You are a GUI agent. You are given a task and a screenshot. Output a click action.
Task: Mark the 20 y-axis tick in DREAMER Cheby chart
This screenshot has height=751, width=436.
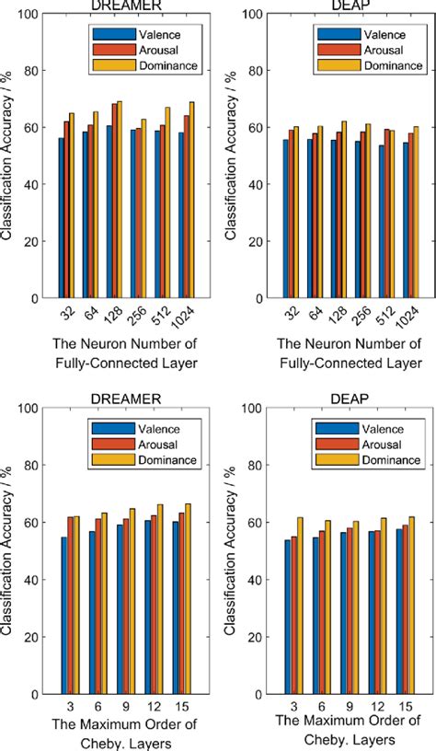tap(35, 637)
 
